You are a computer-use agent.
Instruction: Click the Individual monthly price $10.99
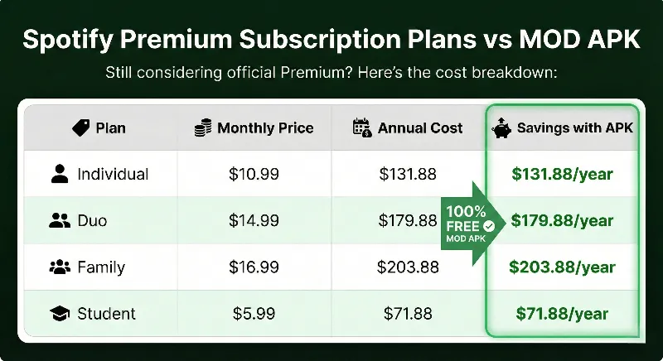pos(254,174)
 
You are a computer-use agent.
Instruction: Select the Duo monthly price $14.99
pos(254,221)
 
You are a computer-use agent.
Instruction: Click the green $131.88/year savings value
pos(563,174)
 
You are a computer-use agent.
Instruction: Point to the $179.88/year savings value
pos(563,221)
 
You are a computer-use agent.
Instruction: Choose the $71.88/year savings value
pos(563,314)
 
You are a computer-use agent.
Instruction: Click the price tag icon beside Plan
pos(80,128)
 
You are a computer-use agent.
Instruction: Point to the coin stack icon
pos(202,128)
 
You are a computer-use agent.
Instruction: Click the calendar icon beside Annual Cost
pos(361,128)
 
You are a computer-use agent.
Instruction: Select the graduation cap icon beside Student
pos(59,314)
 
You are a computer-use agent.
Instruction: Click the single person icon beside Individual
pos(59,174)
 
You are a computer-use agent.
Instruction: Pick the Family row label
pos(101,267)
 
